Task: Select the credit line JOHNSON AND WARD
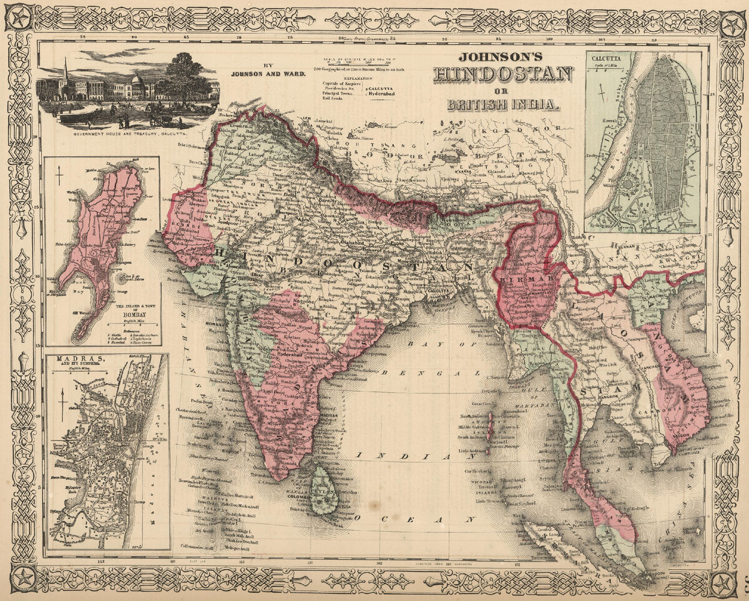coord(268,74)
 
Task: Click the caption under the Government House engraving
coord(128,134)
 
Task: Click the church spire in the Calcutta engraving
coord(66,72)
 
